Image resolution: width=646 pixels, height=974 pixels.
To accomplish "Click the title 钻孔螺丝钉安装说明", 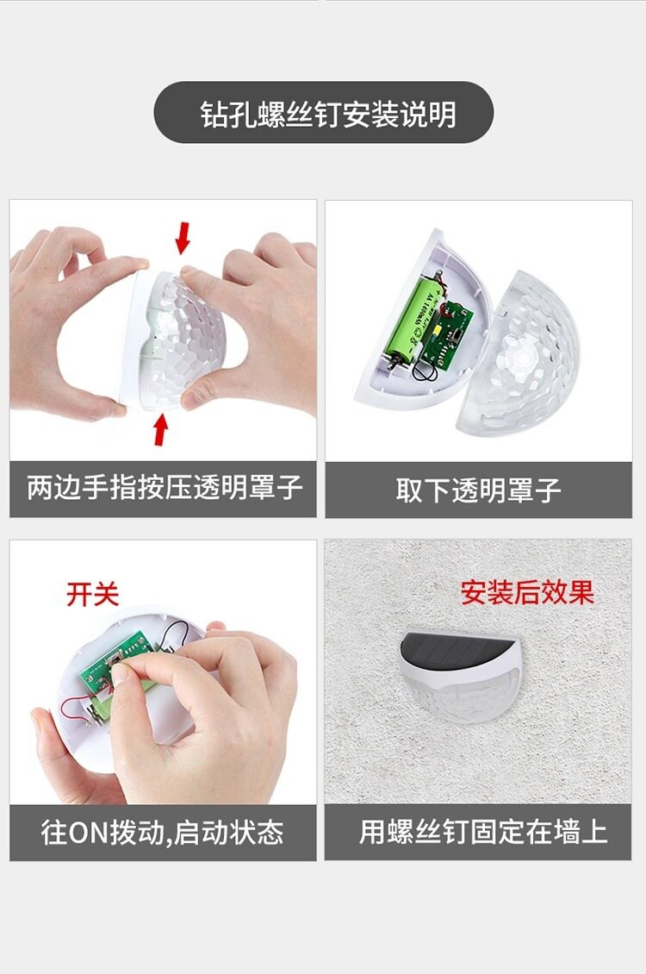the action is tap(328, 114).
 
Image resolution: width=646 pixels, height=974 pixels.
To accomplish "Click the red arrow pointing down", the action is tap(182, 238).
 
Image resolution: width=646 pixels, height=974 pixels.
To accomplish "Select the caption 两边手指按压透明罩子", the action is tap(165, 488).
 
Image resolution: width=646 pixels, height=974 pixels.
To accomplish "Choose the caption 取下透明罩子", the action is tap(478, 490).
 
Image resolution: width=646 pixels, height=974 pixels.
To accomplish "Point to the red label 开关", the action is tap(92, 594).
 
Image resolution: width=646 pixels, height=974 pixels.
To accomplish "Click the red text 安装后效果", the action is tap(527, 592).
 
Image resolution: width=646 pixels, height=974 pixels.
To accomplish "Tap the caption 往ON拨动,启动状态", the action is tap(163, 833).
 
